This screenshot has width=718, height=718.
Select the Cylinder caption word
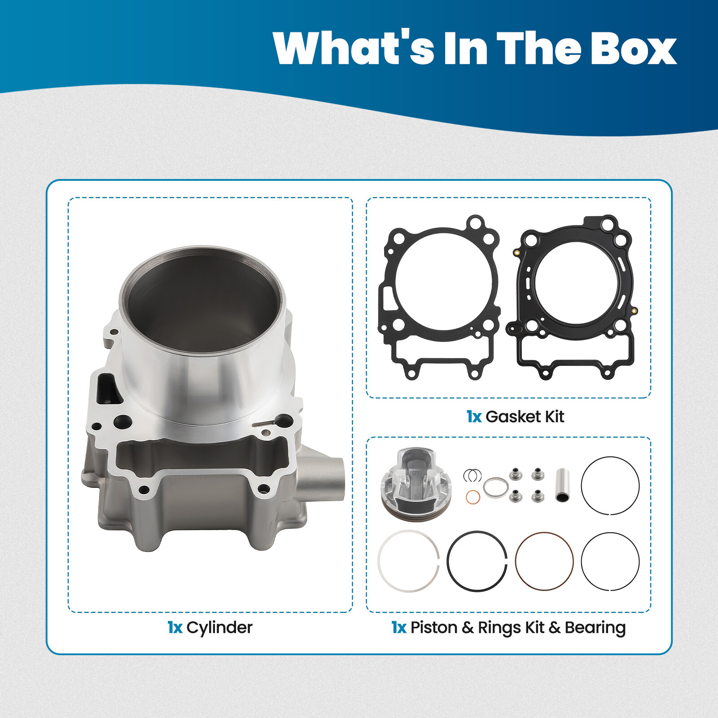tap(219, 627)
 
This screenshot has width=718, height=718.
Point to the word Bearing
tap(595, 628)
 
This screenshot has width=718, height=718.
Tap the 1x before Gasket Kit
tap(474, 417)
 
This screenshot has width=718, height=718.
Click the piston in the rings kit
tap(416, 484)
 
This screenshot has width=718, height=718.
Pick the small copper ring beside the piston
tap(473, 497)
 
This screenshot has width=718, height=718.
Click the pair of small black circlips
tap(472, 475)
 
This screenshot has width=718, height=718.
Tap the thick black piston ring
tap(477, 561)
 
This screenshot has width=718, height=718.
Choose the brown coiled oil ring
tap(544, 561)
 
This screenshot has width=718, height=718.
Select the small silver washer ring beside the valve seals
tap(495, 487)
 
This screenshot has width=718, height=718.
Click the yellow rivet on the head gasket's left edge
tap(517, 253)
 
